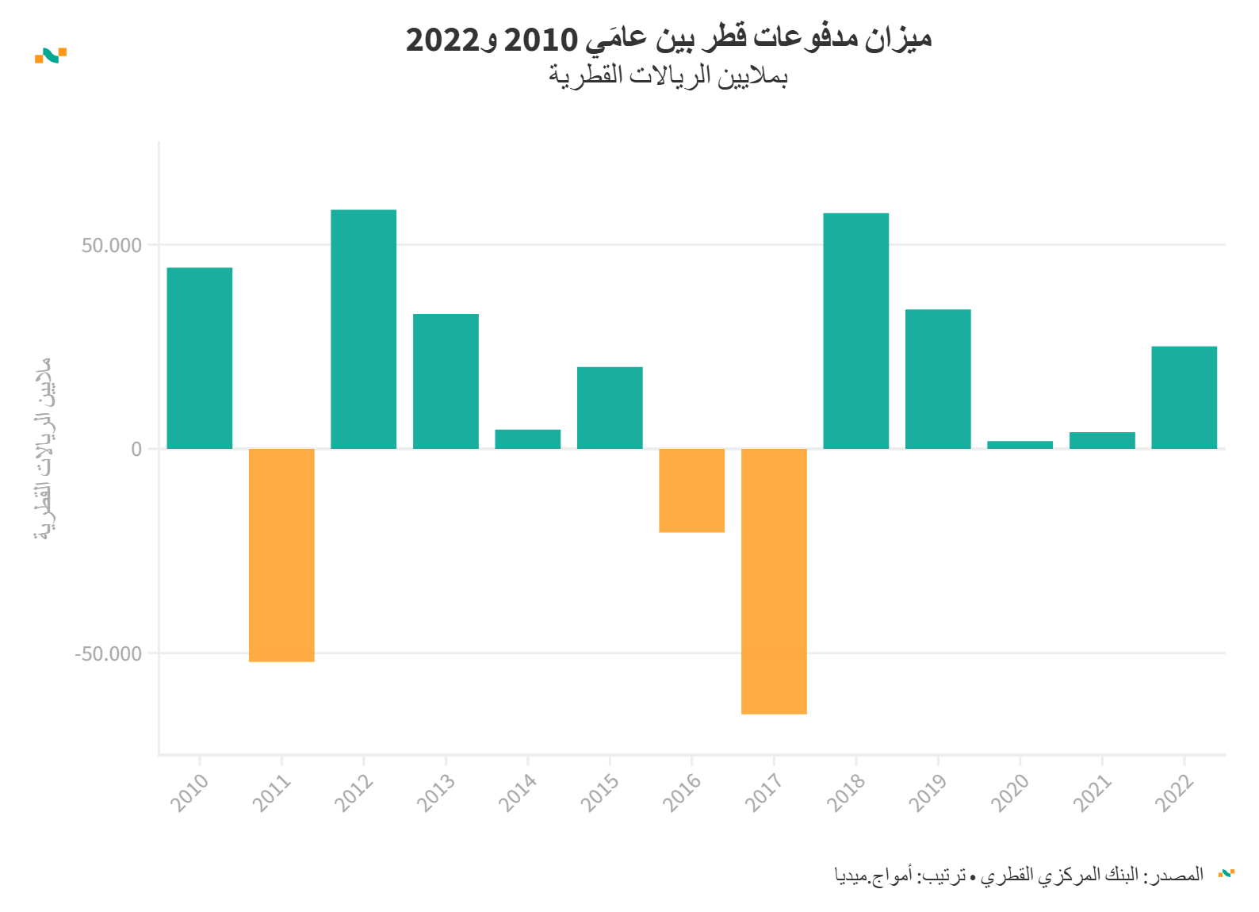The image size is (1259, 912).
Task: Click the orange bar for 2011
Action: pos(281,554)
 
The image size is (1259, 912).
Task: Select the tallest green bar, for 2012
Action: pos(363,329)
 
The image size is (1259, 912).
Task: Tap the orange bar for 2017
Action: pos(774,581)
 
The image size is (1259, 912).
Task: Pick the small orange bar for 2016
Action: pos(691,490)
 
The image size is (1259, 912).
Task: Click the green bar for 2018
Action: pos(855,331)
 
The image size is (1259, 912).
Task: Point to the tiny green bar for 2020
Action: pos(1020,445)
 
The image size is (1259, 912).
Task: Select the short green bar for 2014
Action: pos(527,439)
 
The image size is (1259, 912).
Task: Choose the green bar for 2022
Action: pos(1184,397)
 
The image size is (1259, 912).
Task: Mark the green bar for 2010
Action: pos(199,358)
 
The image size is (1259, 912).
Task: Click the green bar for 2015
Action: pos(610,408)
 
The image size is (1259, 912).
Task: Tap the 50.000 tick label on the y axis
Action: pos(112,245)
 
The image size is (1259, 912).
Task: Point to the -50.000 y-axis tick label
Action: pos(109,653)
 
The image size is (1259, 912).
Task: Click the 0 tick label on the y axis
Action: pos(136,449)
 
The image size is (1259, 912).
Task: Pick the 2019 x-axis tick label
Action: pos(928,792)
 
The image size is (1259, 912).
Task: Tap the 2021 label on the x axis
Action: pos(1093,792)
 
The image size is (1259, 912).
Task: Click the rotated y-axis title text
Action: pos(44,449)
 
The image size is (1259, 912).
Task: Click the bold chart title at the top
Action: pos(668,38)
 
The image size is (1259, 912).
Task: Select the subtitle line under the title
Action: pos(668,76)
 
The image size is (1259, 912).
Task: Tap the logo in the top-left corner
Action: pos(51,55)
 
